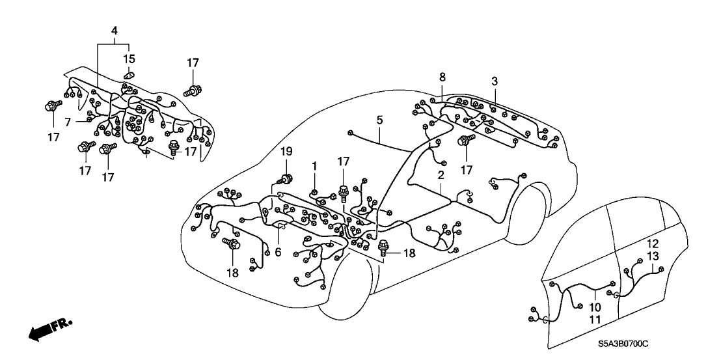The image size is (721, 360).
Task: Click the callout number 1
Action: pyautogui.click(x=314, y=166)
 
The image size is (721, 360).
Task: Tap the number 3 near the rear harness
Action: pyautogui.click(x=495, y=81)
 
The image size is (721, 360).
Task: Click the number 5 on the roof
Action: pyautogui.click(x=379, y=120)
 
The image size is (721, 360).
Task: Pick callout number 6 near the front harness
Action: pyautogui.click(x=279, y=252)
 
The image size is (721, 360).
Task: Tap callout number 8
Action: pyautogui.click(x=442, y=77)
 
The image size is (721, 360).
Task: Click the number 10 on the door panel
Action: pyautogui.click(x=595, y=307)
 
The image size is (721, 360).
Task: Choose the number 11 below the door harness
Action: pyautogui.click(x=595, y=319)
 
